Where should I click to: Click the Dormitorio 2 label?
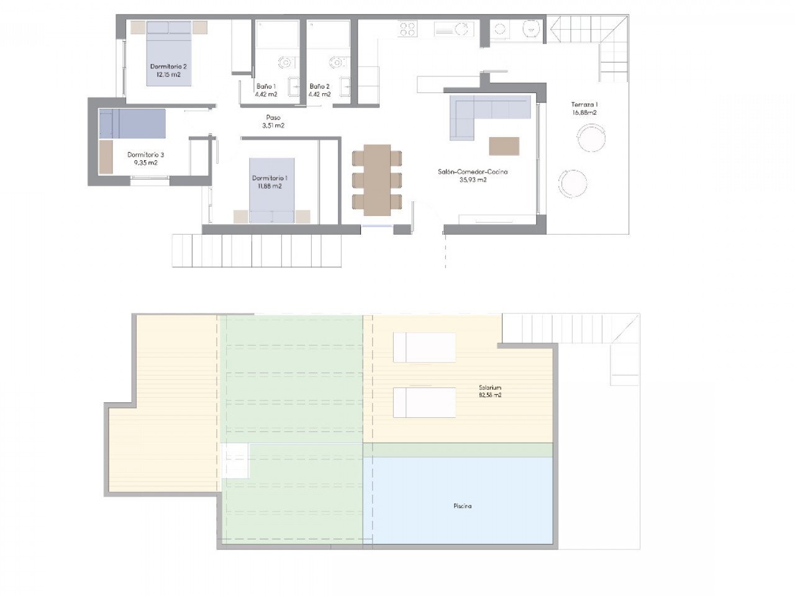click(168, 66)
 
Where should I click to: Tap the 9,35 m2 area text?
click(145, 163)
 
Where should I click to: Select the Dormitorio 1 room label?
click(270, 178)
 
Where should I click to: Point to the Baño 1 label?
click(266, 86)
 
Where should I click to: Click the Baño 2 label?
click(319, 86)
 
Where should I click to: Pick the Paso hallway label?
click(273, 117)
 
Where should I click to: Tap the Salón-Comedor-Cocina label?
click(473, 172)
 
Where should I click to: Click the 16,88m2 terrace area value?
click(584, 112)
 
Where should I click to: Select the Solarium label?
click(490, 387)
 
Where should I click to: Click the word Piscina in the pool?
click(463, 506)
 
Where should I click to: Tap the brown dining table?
click(377, 180)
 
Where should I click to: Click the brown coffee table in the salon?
click(504, 146)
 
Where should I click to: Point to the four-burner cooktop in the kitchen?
click(408, 28)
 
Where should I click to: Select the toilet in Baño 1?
click(286, 63)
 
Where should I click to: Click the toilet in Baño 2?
click(337, 63)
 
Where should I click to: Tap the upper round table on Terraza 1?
click(591, 138)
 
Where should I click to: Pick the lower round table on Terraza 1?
click(572, 184)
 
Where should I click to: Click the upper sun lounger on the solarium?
click(424, 348)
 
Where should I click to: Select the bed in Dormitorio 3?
click(132, 124)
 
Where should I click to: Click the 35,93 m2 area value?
click(473, 180)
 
